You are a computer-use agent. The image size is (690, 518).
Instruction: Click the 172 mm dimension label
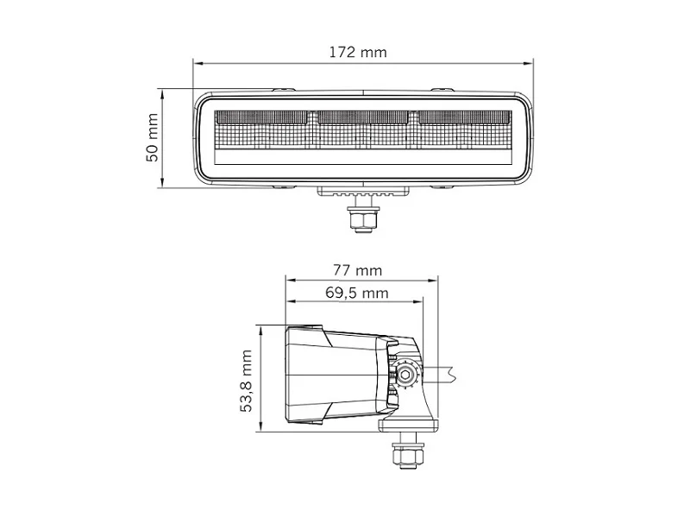pyautogui.click(x=357, y=52)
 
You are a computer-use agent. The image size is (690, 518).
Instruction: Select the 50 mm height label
pyautogui.click(x=152, y=138)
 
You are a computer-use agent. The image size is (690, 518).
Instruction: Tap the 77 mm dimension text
pyautogui.click(x=356, y=269)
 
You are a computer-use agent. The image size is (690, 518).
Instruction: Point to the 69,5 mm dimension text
pyautogui.click(x=356, y=293)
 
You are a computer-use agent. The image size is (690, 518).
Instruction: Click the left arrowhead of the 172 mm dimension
pyautogui.click(x=197, y=63)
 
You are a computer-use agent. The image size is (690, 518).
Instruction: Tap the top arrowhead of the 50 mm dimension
pyautogui.click(x=162, y=92)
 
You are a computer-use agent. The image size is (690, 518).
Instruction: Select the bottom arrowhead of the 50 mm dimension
pyautogui.click(x=162, y=183)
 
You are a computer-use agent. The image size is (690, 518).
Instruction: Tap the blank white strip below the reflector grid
pyautogui.click(x=362, y=157)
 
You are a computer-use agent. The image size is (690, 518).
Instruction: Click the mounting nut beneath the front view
pyautogui.click(x=361, y=219)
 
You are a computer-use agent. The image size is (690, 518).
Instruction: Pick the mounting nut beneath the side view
pyautogui.click(x=404, y=457)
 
